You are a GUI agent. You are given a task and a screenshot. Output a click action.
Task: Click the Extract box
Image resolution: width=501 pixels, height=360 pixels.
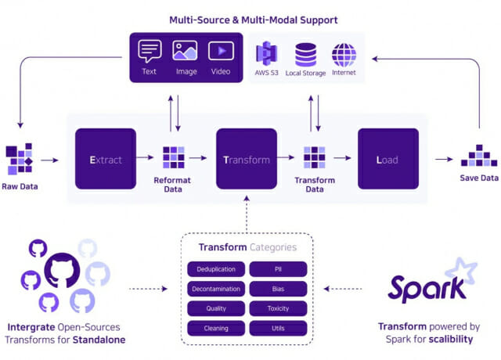[106, 160]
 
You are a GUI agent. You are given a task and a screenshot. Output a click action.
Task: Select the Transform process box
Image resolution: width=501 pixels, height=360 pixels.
[247, 160]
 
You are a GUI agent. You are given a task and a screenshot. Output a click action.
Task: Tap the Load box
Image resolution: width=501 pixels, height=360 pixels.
[387, 160]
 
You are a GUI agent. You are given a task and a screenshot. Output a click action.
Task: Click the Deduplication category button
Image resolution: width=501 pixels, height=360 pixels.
[216, 269]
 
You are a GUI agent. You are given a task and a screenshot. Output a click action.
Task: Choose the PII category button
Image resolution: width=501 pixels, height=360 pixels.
[278, 269]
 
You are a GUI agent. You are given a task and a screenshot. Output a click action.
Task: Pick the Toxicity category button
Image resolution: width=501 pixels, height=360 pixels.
[278, 308]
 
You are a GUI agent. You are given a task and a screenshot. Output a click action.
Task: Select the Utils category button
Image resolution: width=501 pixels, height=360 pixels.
[278, 328]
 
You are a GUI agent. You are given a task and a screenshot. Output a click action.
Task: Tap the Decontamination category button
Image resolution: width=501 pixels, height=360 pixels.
[216, 289]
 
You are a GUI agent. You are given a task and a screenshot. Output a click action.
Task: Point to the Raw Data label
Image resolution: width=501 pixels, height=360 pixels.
[20, 186]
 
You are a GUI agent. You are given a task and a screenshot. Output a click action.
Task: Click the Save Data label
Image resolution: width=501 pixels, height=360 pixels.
[478, 178]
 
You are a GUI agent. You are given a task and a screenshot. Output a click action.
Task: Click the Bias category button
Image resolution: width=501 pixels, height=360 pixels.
[278, 289]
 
